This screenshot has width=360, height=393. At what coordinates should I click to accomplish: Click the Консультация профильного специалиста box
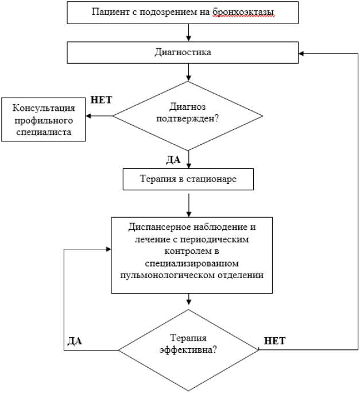coord(44,120)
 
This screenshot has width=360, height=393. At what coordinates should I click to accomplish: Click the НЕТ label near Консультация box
coord(101,100)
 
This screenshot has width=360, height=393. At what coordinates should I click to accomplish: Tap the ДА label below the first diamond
coord(173,160)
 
